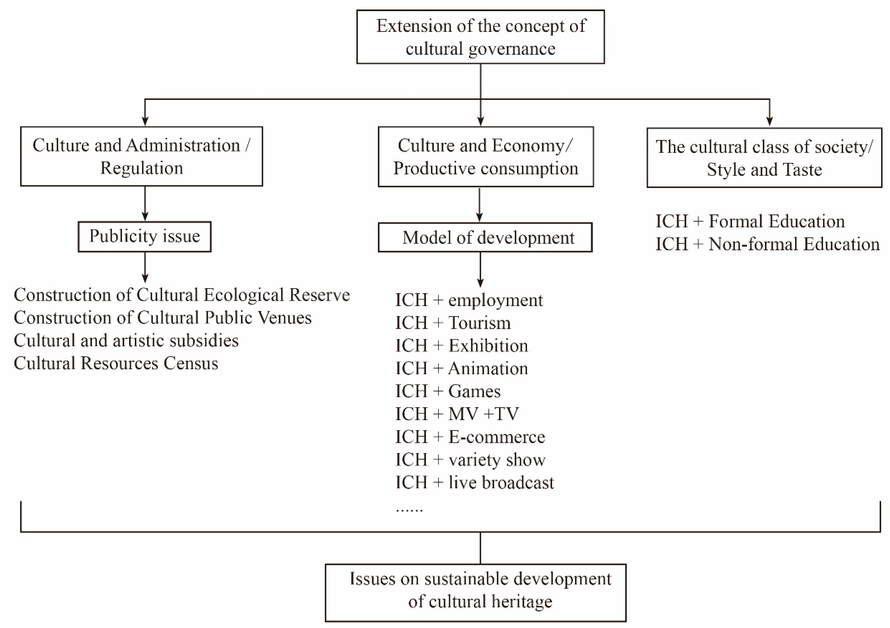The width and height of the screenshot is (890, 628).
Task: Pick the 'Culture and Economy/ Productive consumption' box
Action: click(x=486, y=157)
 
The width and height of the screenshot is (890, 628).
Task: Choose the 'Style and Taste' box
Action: click(x=764, y=158)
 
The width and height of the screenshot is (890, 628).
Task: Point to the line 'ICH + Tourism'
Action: click(x=453, y=323)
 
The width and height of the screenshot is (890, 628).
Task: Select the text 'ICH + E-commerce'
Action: click(x=470, y=437)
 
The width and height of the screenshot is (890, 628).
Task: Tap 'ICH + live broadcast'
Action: click(x=474, y=483)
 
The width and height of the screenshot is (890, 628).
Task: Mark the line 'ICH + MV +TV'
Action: click(x=457, y=414)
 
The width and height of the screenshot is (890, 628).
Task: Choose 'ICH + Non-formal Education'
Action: click(x=767, y=244)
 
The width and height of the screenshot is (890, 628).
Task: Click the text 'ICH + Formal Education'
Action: click(x=750, y=221)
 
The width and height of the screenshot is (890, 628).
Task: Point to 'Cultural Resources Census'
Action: click(x=116, y=363)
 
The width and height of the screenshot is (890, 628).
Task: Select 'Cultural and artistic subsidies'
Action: click(x=126, y=341)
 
